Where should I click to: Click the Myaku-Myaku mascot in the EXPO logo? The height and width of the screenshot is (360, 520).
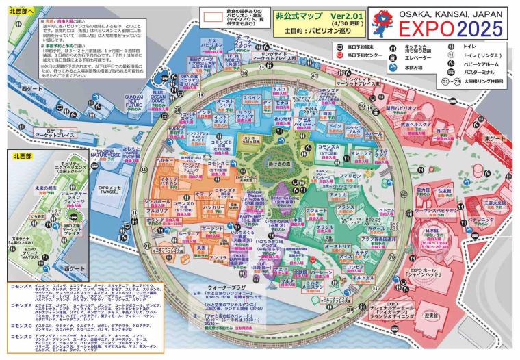382,25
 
